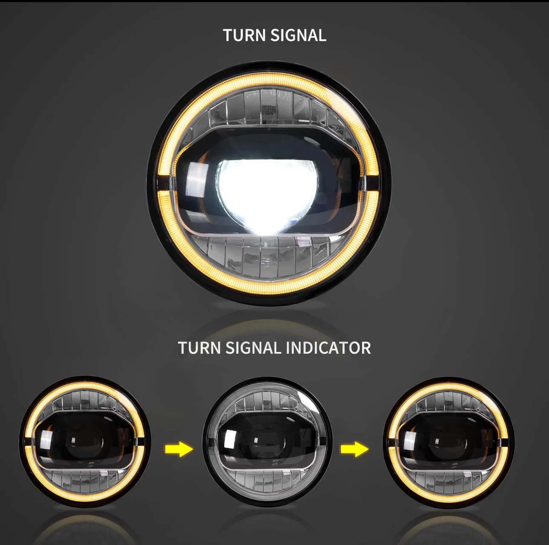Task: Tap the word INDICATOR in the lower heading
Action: [327, 348]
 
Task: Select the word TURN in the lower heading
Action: [200, 348]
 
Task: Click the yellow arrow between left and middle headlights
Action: [179, 449]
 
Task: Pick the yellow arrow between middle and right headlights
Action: [355, 449]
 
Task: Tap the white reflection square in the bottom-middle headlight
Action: [229, 441]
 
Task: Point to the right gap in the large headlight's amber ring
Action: [369, 184]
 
